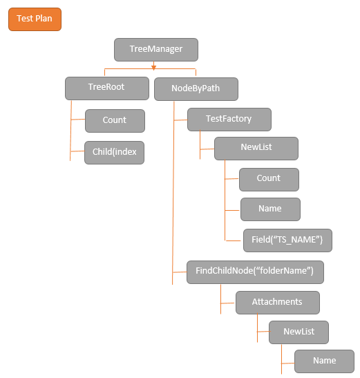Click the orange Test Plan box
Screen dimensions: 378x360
(x=35, y=19)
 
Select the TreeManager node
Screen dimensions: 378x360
(x=156, y=49)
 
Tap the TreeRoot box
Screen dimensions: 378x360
(x=107, y=88)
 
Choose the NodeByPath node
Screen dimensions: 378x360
(x=196, y=88)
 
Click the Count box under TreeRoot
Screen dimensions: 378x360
(x=115, y=120)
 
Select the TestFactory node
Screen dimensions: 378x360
(x=229, y=119)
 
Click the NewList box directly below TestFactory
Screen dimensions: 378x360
(x=256, y=149)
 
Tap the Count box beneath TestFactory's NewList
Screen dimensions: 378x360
(x=269, y=178)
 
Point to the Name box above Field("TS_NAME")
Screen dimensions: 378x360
(x=270, y=209)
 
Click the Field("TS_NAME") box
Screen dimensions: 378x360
(x=287, y=240)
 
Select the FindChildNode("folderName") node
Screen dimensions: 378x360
(x=255, y=272)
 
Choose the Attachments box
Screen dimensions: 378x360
(x=277, y=302)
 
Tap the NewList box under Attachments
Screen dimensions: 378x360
(x=299, y=332)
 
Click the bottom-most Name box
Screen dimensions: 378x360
(x=324, y=361)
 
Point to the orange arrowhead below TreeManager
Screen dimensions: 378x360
(x=154, y=67)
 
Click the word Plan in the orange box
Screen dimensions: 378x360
(x=44, y=19)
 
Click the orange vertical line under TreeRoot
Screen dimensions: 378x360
(x=70, y=131)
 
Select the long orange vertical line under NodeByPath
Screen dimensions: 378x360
(x=172, y=193)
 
